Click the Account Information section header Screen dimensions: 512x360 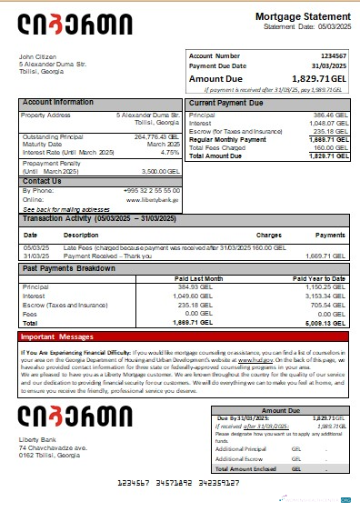tap(57, 102)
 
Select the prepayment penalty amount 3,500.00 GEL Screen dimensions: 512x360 tap(160, 170)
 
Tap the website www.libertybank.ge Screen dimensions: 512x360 tap(155, 198)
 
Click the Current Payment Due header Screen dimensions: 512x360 tap(225, 103)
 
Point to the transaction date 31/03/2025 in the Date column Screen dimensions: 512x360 tap(36, 256)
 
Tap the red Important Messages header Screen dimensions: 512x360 tap(56, 336)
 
